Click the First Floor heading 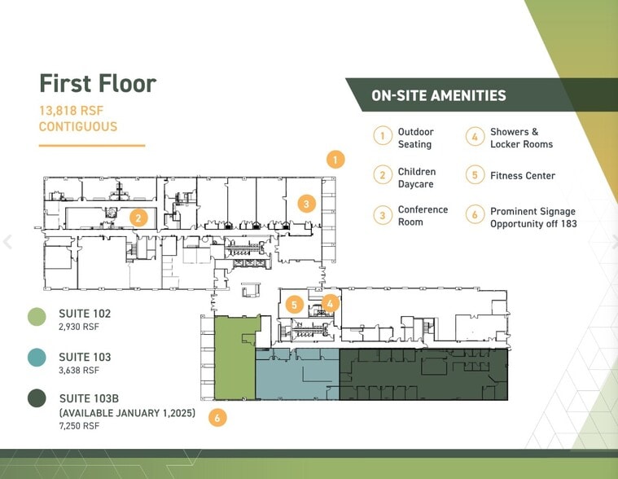pos(98,84)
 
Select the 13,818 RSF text pos(71,111)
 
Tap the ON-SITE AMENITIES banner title pos(439,95)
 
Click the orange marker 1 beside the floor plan pos(335,160)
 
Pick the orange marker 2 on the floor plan pos(138,218)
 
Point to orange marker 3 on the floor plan pos(307,204)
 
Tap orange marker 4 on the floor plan pos(331,304)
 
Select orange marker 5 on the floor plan pos(295,305)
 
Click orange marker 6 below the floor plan pos(217,418)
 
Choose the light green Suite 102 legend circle pos(37,317)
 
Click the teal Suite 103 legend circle pos(37,357)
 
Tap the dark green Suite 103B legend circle pos(37,398)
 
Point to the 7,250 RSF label pos(79,426)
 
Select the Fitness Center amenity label pos(523,176)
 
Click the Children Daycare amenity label pos(417,178)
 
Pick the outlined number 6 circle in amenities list pos(475,214)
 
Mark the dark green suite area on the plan pos(423,375)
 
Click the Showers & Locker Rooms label pos(521,138)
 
